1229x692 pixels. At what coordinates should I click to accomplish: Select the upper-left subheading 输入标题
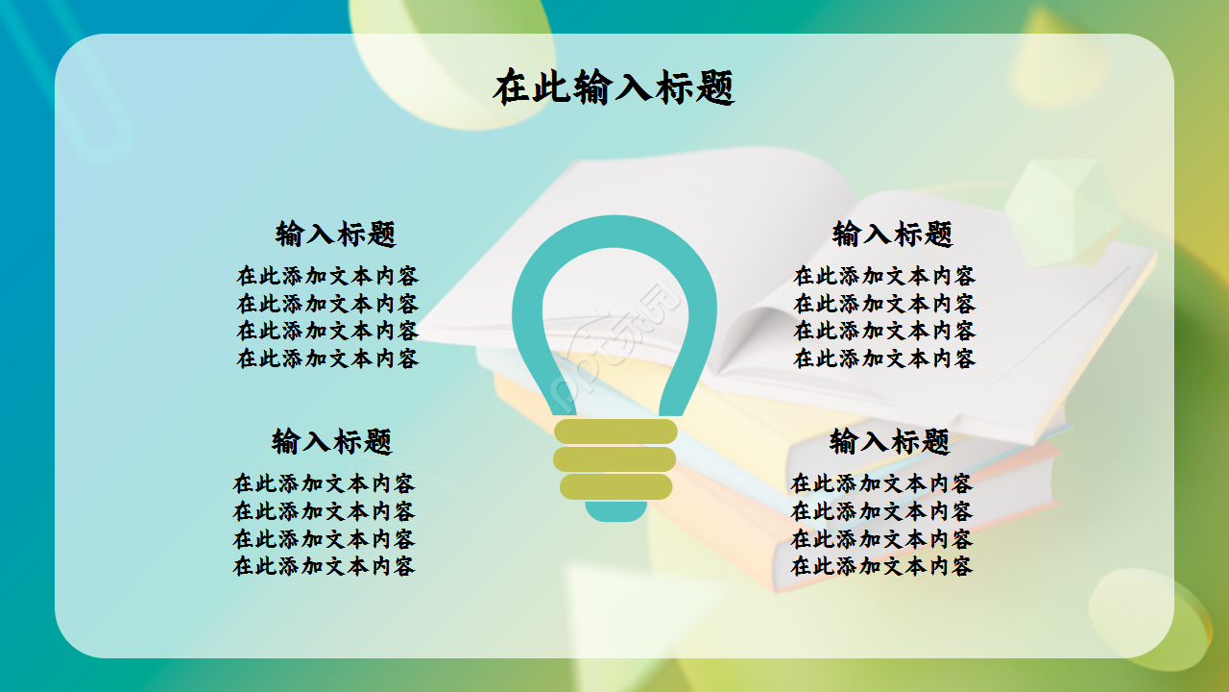pyautogui.click(x=336, y=234)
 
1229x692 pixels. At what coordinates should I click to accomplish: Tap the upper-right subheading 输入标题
pyautogui.click(x=893, y=234)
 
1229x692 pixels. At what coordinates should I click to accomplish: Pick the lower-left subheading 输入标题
pyautogui.click(x=332, y=442)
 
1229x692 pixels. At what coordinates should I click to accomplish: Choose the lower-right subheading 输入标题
pyautogui.click(x=890, y=442)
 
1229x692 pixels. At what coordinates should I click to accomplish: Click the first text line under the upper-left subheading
pyautogui.click(x=328, y=276)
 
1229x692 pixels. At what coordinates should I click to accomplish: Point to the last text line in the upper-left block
pyautogui.click(x=328, y=358)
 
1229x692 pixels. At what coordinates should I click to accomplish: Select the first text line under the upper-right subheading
pyautogui.click(x=884, y=276)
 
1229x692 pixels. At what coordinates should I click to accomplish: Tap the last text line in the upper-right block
pyautogui.click(x=884, y=358)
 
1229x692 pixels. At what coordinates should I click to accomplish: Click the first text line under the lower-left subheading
pyautogui.click(x=325, y=482)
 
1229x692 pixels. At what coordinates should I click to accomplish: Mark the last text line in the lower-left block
pyautogui.click(x=325, y=566)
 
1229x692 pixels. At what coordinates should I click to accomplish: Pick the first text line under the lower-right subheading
pyautogui.click(x=881, y=482)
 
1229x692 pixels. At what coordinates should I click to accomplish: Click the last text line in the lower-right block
pyautogui.click(x=881, y=566)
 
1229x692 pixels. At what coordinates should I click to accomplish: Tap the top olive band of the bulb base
pyautogui.click(x=615, y=432)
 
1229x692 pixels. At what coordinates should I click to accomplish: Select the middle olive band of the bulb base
pyautogui.click(x=615, y=459)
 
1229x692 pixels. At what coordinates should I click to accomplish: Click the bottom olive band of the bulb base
pyautogui.click(x=615, y=486)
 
